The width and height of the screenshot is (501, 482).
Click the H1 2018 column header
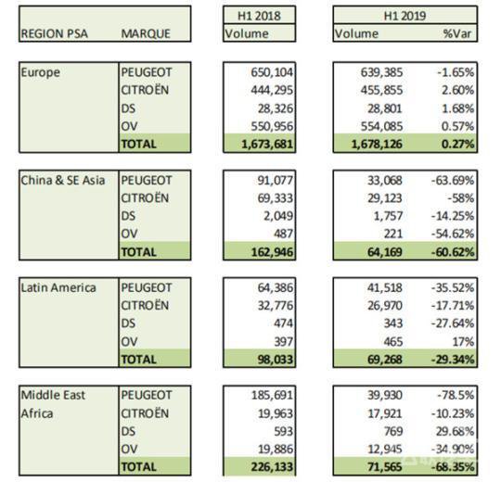259,16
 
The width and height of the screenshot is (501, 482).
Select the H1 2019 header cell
405,16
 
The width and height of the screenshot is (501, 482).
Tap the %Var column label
456,33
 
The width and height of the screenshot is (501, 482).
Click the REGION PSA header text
55,33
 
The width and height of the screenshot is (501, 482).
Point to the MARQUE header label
146,33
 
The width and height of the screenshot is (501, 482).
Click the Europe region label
40,72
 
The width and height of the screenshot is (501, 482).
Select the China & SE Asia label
63,181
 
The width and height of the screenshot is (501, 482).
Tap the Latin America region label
58,287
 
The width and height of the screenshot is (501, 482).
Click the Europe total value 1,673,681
267,145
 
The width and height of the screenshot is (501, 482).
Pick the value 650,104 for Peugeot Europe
272,72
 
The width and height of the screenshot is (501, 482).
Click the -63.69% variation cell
453,181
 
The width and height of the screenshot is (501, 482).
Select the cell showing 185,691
272,395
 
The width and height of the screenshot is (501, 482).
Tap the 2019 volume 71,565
385,466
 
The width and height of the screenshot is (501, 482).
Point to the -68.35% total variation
453,466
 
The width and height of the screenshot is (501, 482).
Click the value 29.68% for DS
455,431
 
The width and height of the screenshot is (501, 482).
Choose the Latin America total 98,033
276,360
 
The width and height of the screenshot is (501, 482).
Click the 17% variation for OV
463,342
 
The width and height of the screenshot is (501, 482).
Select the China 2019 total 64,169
385,252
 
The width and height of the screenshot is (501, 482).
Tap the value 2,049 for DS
278,216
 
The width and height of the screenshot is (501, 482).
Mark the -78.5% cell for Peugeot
456,395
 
